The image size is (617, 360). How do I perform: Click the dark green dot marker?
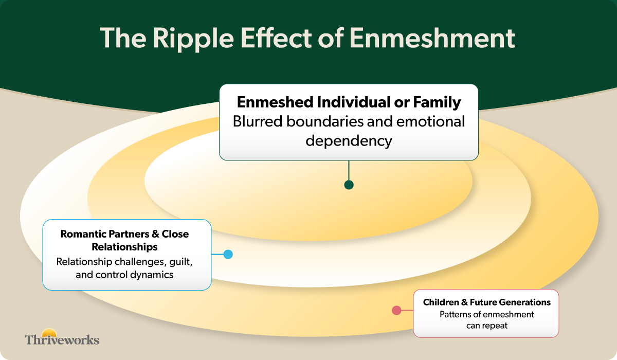pos(349,185)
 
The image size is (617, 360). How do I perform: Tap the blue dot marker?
pos(228,254)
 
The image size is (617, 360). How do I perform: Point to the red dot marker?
pos(396,310)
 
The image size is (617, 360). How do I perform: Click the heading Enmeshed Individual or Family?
pos(349,102)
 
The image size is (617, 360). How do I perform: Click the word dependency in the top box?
pos(349,140)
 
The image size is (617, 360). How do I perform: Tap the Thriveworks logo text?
pos(62,339)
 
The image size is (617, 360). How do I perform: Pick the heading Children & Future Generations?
pos(486,302)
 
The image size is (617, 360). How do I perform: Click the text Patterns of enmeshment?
pos(486,314)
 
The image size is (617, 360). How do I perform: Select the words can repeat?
pos(486,326)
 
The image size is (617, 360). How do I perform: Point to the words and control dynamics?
pos(124,275)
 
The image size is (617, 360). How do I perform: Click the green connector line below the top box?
pos(349,170)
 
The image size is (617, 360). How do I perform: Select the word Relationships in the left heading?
pos(124,247)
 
